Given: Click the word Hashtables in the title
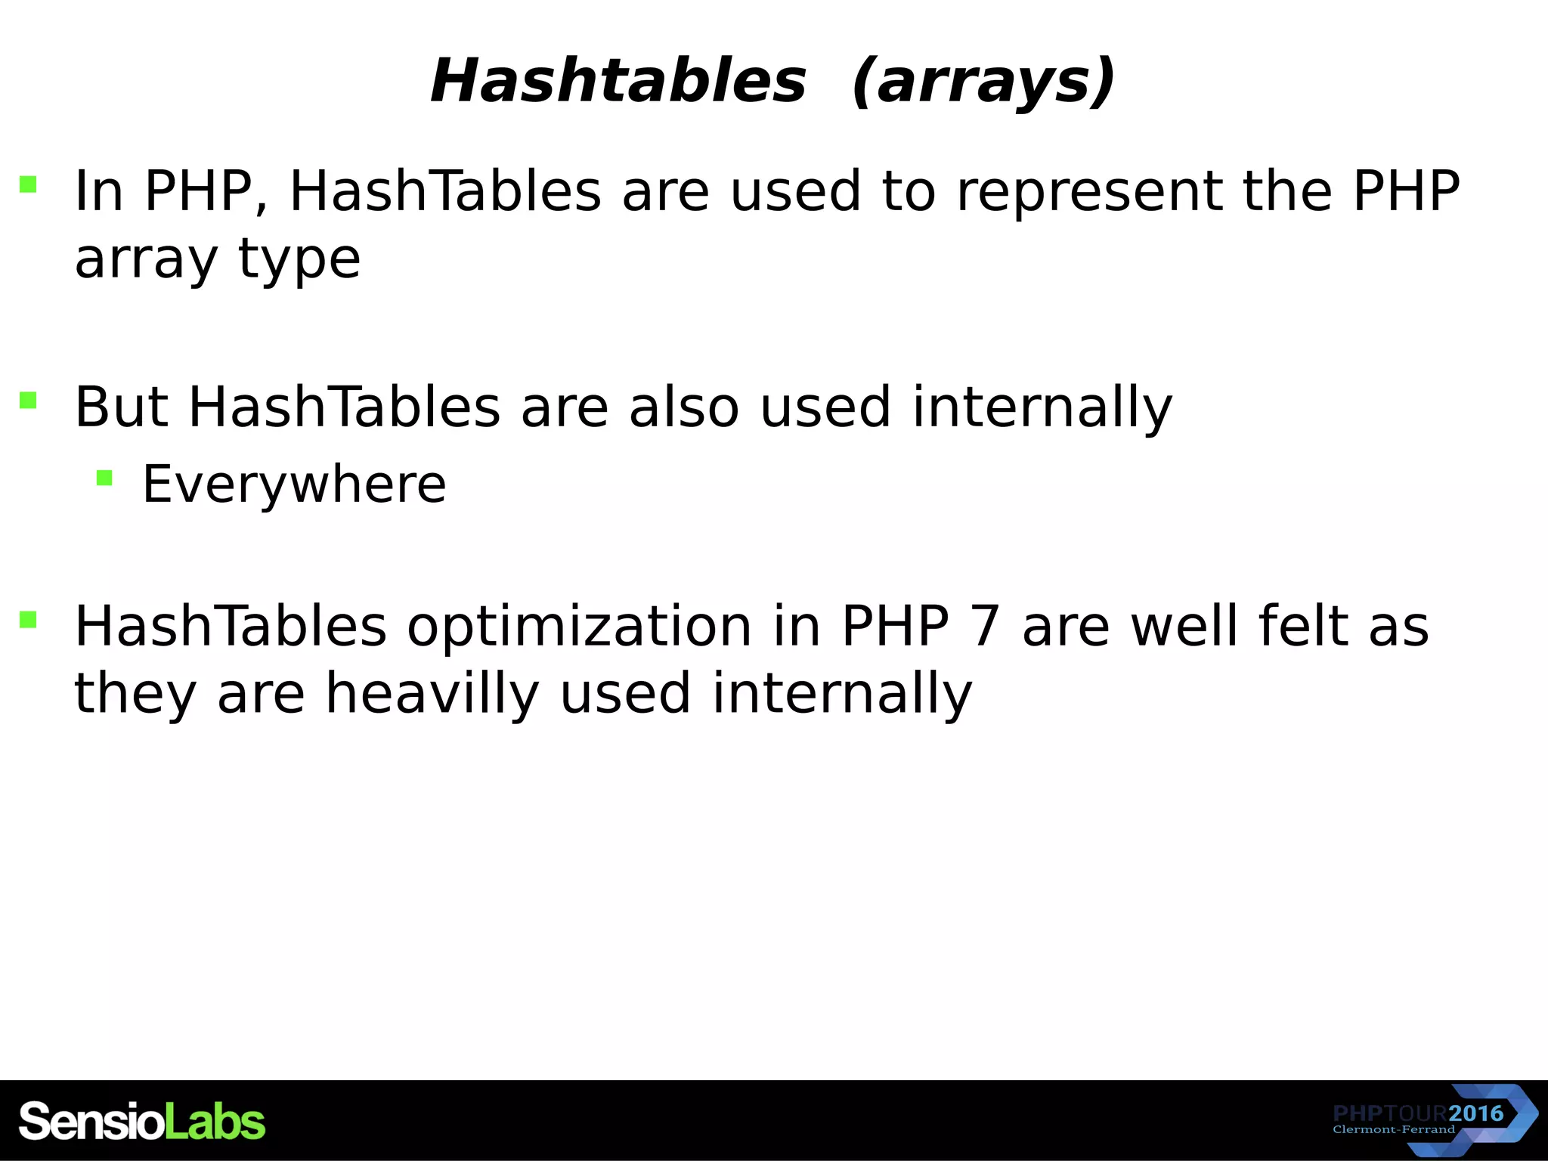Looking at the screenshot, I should [618, 82].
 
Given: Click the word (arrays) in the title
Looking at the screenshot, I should [983, 82].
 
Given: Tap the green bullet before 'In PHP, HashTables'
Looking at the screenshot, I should [28, 184].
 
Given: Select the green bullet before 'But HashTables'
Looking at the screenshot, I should [28, 400].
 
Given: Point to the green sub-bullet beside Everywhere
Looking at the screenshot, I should [104, 478].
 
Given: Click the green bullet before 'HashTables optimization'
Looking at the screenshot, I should [28, 620].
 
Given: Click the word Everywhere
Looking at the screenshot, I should [294, 484].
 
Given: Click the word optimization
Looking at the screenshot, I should [580, 627].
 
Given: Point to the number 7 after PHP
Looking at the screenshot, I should [986, 627].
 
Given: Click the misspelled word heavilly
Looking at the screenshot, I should [432, 693].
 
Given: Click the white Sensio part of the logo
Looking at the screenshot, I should [91, 1121].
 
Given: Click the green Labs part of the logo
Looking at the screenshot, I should [215, 1121].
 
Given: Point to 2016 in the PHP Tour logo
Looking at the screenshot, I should [1475, 1113].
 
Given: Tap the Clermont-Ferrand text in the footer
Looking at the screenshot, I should [1393, 1130].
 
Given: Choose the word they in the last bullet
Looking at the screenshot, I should [135, 693].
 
